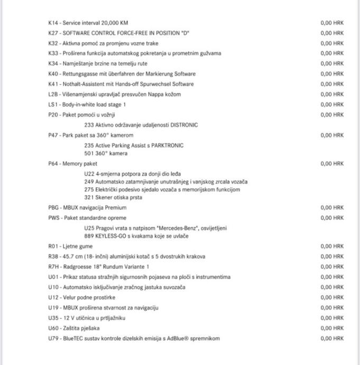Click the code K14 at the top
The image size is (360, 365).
click(x=53, y=23)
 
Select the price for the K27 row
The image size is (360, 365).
click(x=331, y=33)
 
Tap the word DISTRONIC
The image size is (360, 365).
click(x=184, y=125)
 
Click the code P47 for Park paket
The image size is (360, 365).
click(x=53, y=135)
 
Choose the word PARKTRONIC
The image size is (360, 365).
click(x=166, y=145)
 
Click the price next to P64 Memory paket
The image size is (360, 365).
click(x=331, y=164)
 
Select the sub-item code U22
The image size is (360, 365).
click(x=88, y=173)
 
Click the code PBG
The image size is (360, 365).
click(x=53, y=207)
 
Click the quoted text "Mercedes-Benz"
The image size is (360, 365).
click(x=172, y=228)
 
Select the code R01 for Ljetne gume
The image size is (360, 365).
click(x=53, y=246)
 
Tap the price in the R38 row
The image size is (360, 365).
click(x=331, y=257)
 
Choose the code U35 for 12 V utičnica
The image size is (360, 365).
click(x=53, y=318)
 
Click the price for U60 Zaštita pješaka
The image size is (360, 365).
click(x=331, y=328)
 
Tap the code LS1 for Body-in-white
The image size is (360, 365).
click(x=53, y=104)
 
